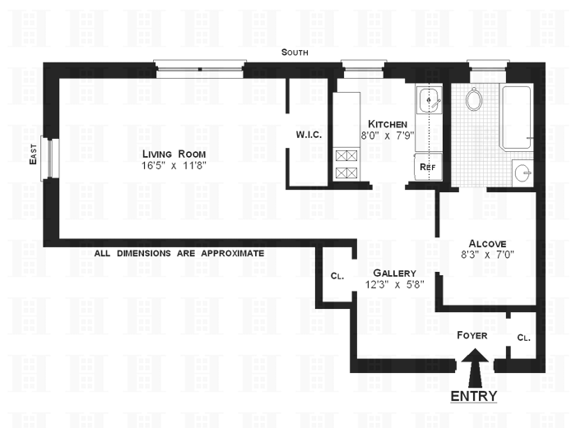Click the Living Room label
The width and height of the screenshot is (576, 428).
[x=174, y=154]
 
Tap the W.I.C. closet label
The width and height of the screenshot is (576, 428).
[x=308, y=135]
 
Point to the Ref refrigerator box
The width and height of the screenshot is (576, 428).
[x=427, y=167]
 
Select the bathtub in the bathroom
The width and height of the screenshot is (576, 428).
[x=517, y=117]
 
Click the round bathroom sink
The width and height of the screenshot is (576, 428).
[x=522, y=173]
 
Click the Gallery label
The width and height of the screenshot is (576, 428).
[x=394, y=273]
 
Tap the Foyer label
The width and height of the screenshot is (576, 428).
[x=472, y=335]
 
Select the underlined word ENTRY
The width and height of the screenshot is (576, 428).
[x=474, y=396]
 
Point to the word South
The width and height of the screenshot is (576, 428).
[x=295, y=52]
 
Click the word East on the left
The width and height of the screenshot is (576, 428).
[x=34, y=156]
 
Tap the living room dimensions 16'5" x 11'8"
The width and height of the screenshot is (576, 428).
[x=174, y=167]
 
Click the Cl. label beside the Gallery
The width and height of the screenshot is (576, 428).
[x=336, y=277]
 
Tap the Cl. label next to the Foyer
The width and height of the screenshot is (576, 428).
[x=523, y=337]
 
